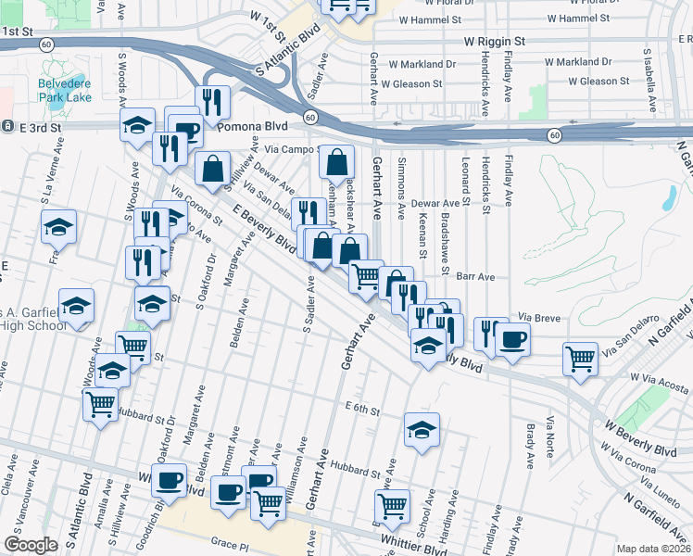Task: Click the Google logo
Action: point(31,545)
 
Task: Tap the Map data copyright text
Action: point(654,549)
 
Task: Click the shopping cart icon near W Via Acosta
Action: point(580,358)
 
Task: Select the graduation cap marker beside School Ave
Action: point(422,430)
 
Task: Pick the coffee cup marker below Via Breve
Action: point(512,338)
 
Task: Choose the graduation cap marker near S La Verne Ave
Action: point(58,226)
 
